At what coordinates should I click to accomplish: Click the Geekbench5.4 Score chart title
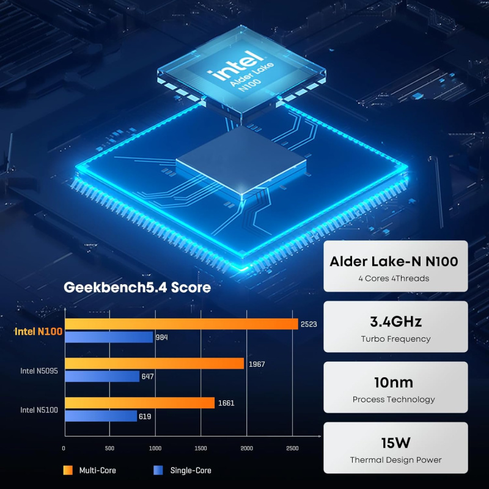point(138,287)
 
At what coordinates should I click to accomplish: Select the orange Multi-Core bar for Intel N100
point(181,324)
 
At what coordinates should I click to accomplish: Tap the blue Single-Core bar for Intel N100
point(109,337)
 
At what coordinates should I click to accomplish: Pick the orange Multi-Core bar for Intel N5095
point(154,364)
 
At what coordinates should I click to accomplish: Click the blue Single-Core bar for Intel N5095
point(102,376)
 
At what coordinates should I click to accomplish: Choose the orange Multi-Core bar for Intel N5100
point(139,403)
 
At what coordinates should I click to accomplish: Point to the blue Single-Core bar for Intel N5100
point(101,416)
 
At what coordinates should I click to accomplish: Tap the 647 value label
point(147,376)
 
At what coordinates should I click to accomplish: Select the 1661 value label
point(226,403)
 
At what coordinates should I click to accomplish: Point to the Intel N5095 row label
point(39,370)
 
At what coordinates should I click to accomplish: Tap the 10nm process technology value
point(394,383)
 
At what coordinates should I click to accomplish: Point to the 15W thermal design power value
point(395,443)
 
